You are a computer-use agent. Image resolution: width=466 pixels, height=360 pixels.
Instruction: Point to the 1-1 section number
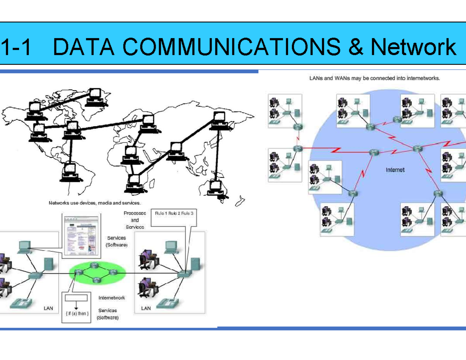[16, 47]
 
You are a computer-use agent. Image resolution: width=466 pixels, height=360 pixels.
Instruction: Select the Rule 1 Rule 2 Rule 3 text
[174, 214]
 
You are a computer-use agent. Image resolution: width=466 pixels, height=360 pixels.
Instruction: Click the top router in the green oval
[93, 265]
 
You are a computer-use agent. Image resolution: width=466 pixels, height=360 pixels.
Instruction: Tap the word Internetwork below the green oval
[112, 298]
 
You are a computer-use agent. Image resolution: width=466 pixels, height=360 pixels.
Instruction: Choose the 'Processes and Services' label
[134, 220]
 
